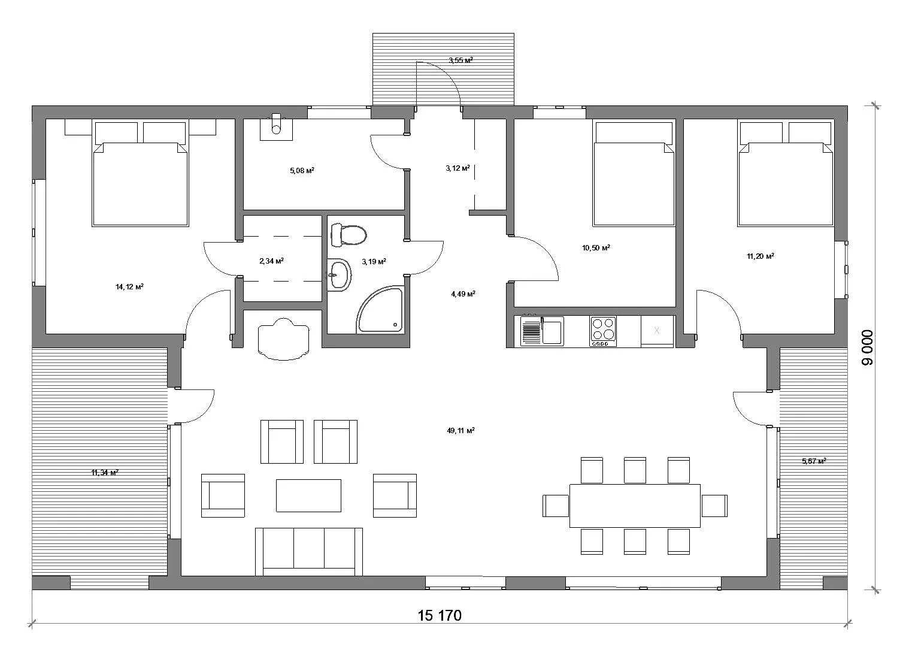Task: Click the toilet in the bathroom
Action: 349,235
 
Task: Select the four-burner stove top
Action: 602,331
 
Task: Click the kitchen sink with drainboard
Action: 542,331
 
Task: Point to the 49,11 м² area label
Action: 460,430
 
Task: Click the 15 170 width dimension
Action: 440,615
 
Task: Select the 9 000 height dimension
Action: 867,347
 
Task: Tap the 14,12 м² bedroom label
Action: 129,287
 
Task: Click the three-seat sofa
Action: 309,552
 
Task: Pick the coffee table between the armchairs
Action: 308,495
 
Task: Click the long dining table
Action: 635,506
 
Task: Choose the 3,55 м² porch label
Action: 460,61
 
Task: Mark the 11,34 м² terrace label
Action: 105,473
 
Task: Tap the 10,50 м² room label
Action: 596,247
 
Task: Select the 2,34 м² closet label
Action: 272,261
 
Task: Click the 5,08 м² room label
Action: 302,170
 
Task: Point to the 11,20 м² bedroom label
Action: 761,256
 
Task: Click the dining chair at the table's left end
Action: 556,506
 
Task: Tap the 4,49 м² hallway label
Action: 463,294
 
